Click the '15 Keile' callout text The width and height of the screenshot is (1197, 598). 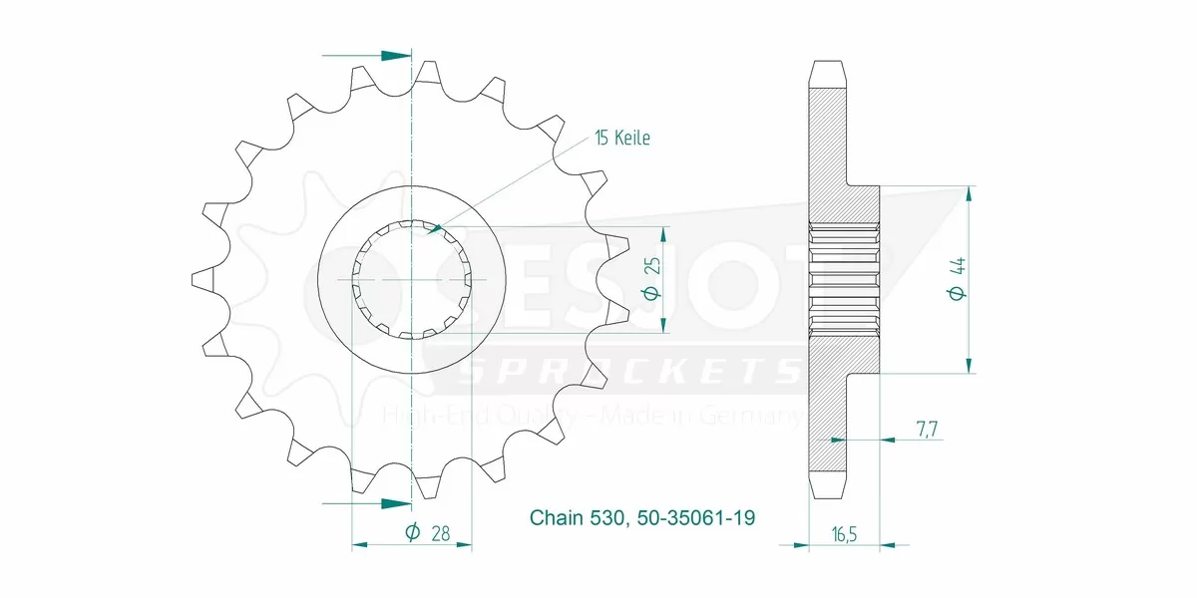(x=621, y=139)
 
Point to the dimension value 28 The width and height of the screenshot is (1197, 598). (x=438, y=533)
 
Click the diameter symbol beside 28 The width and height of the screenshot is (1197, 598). (x=412, y=533)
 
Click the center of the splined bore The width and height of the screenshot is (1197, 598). (x=411, y=280)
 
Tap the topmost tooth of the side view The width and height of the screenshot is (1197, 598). (x=828, y=73)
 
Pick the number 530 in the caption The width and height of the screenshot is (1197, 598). (x=608, y=518)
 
